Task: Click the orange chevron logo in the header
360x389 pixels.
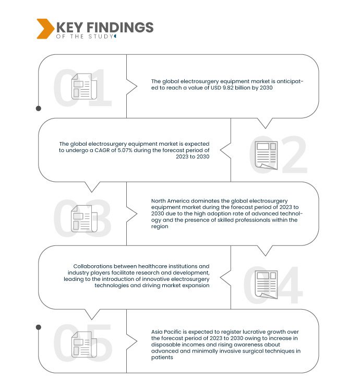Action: tap(45, 29)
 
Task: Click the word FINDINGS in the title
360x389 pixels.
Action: tap(122, 27)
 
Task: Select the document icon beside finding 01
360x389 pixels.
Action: tap(84, 87)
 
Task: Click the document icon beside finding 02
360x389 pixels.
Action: tap(266, 155)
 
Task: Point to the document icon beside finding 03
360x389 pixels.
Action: tap(84, 218)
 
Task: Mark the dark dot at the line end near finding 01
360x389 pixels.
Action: tap(38, 109)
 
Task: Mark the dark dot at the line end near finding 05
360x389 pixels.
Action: tap(38, 327)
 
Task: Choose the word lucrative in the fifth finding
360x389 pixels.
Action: tap(255, 332)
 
